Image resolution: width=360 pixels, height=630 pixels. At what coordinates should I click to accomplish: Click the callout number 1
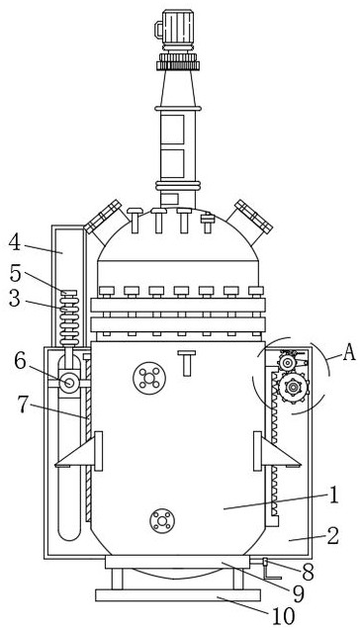point(333,495)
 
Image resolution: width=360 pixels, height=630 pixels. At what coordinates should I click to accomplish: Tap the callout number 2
point(332,536)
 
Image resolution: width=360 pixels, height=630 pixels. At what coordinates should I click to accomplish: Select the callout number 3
point(15,299)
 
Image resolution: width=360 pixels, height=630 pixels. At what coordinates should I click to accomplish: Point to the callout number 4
point(15,243)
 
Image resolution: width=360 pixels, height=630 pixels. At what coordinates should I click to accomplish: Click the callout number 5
point(15,274)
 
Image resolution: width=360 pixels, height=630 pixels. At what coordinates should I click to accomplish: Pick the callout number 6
point(21,362)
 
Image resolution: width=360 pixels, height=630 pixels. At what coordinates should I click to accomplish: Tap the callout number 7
point(24,405)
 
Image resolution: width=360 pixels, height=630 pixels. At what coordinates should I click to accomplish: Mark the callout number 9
point(298,593)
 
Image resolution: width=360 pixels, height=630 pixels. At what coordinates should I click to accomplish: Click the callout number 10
point(284,615)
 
